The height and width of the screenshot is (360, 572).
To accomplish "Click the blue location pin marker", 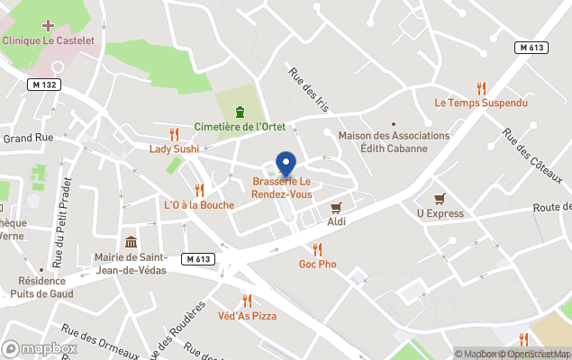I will coord(286,165).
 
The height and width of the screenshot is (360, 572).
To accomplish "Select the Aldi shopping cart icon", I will coord(337,206).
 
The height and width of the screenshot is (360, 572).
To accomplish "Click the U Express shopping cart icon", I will coord(440,199).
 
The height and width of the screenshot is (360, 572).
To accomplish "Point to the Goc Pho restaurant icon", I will coord(317,249).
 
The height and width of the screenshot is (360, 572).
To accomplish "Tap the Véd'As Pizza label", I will coord(247,316).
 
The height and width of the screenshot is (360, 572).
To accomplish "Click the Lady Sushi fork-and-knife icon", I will coord(174,133).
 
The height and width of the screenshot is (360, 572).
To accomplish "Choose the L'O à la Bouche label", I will coord(199,205).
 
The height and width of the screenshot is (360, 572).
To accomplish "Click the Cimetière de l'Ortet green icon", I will coord(240,112).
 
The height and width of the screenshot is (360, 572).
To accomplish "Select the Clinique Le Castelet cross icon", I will coord(48,25).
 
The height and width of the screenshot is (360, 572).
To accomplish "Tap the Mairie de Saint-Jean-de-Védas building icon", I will coord(132,242).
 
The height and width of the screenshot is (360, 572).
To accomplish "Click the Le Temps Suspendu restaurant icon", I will coord(481,88).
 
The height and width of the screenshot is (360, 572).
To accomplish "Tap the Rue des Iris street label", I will coord(309,90).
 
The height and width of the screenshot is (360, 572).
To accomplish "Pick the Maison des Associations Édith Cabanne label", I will coord(394,141).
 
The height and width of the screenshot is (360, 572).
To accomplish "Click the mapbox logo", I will coord(40,348).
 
